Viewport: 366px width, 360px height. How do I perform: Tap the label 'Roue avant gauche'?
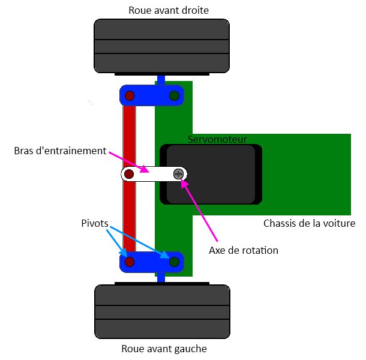[x=164, y=348]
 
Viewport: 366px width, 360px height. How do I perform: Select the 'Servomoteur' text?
[x=217, y=139]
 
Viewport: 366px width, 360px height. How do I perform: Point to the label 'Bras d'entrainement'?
[x=59, y=150]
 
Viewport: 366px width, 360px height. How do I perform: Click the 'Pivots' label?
[x=95, y=223]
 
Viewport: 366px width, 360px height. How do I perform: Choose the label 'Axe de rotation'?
[x=244, y=250]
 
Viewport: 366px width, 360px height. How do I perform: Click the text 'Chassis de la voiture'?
[x=310, y=223]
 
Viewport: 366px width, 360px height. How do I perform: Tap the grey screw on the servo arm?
[x=178, y=174]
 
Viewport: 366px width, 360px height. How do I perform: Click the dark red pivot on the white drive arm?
[x=129, y=175]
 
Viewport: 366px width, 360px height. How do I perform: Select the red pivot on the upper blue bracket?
[x=129, y=96]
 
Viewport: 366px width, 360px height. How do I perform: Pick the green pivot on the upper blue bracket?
[x=174, y=96]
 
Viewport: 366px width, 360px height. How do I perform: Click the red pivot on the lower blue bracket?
[x=130, y=262]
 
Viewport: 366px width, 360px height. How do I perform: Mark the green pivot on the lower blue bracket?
[x=174, y=262]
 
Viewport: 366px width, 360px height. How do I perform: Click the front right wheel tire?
[x=161, y=46]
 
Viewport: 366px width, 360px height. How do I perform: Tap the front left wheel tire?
[x=163, y=312]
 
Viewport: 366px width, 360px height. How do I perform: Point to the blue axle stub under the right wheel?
[x=161, y=79]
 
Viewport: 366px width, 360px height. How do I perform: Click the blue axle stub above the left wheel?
[x=161, y=277]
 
